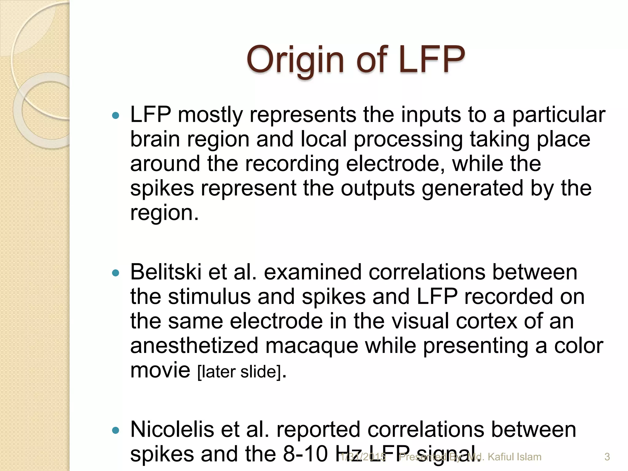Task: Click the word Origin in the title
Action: (x=296, y=60)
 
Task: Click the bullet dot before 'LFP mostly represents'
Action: (x=115, y=116)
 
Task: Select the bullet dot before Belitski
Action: (x=115, y=273)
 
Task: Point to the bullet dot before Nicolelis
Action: (x=115, y=430)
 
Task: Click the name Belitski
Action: (x=166, y=272)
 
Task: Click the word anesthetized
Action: (x=194, y=346)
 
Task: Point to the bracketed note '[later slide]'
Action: (x=239, y=372)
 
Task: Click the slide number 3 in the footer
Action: (x=607, y=457)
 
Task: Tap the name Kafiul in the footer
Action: (x=501, y=457)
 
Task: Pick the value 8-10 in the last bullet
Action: (x=305, y=454)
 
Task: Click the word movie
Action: (x=160, y=370)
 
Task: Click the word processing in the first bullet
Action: (x=408, y=140)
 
